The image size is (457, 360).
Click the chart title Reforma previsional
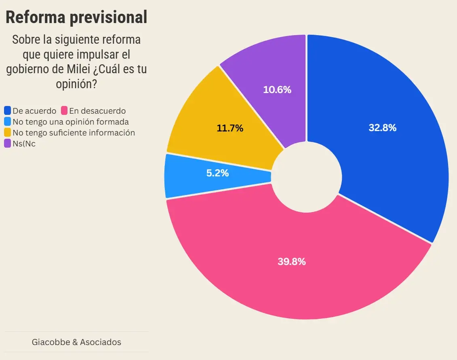click(x=76, y=17)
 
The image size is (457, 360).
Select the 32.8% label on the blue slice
click(x=382, y=128)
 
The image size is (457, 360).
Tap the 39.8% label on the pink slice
click(x=291, y=261)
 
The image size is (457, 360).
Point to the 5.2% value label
click(x=217, y=173)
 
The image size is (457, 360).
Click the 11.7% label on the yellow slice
click(x=230, y=128)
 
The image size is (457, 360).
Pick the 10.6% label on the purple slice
click(x=277, y=90)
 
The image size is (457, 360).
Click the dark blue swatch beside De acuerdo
click(x=7, y=110)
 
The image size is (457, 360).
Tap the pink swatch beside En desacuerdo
click(x=64, y=110)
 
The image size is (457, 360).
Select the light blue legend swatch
click(x=7, y=121)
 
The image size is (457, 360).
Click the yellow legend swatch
click(x=7, y=132)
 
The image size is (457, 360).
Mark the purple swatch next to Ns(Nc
click(x=7, y=143)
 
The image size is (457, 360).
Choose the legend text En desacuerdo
click(x=97, y=110)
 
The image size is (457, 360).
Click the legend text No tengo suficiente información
click(x=74, y=132)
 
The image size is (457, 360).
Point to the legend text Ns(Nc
click(x=24, y=143)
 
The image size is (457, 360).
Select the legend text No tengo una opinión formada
click(x=71, y=121)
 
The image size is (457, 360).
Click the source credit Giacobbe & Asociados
click(x=76, y=342)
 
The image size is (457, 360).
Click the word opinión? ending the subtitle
click(x=76, y=84)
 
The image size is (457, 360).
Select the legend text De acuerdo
click(x=34, y=110)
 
